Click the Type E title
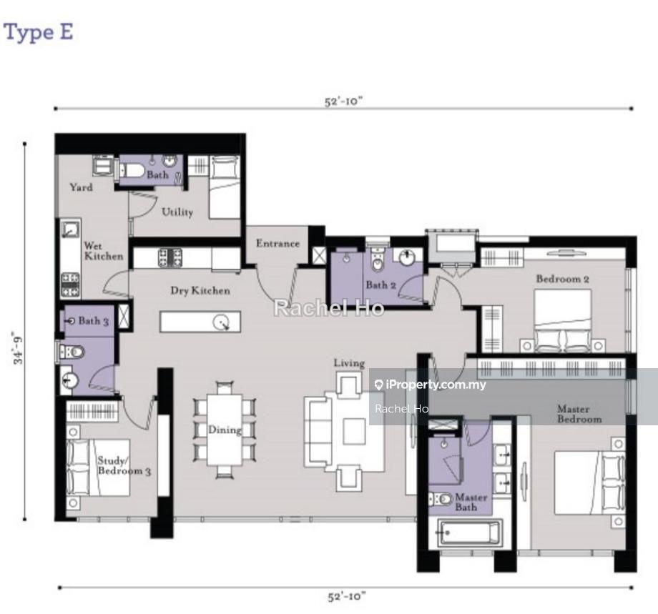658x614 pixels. tap(38, 32)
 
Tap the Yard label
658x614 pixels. tap(81, 187)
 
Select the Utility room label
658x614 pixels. tap(177, 212)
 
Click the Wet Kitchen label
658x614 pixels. tap(104, 251)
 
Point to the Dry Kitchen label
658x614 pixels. tap(200, 291)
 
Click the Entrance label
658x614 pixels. tap(278, 243)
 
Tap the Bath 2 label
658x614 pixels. tap(380, 285)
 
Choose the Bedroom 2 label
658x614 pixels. tap(563, 279)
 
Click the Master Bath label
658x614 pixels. tap(471, 502)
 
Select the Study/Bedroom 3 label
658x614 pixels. tap(124, 465)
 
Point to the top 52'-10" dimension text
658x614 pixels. tap(343, 101)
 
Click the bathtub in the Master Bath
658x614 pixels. tap(470, 533)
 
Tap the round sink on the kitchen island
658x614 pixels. tap(221, 322)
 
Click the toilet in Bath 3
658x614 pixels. tap(70, 352)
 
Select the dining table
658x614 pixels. tap(225, 430)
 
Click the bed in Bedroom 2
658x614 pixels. tap(563, 321)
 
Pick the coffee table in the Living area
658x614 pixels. tap(354, 432)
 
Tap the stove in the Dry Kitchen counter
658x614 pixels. tap(170, 258)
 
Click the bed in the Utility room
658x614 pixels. tap(225, 187)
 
